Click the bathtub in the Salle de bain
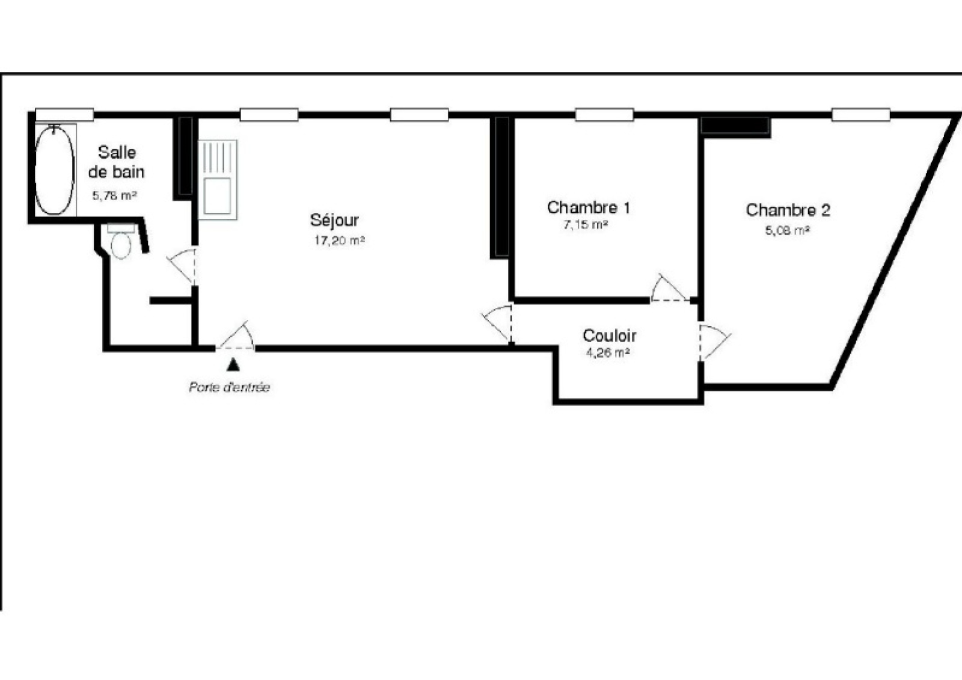[55, 170]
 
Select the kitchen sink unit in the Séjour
[218, 180]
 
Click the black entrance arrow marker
[233, 365]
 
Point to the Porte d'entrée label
[229, 387]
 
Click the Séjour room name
[334, 221]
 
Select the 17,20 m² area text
[339, 240]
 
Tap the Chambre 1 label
[589, 207]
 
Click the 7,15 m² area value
[586, 225]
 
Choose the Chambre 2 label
[788, 210]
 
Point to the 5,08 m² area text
[787, 231]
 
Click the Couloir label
[610, 335]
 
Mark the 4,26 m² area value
[608, 353]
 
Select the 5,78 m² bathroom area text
[114, 196]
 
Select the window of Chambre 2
[860, 115]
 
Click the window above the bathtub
[64, 115]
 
